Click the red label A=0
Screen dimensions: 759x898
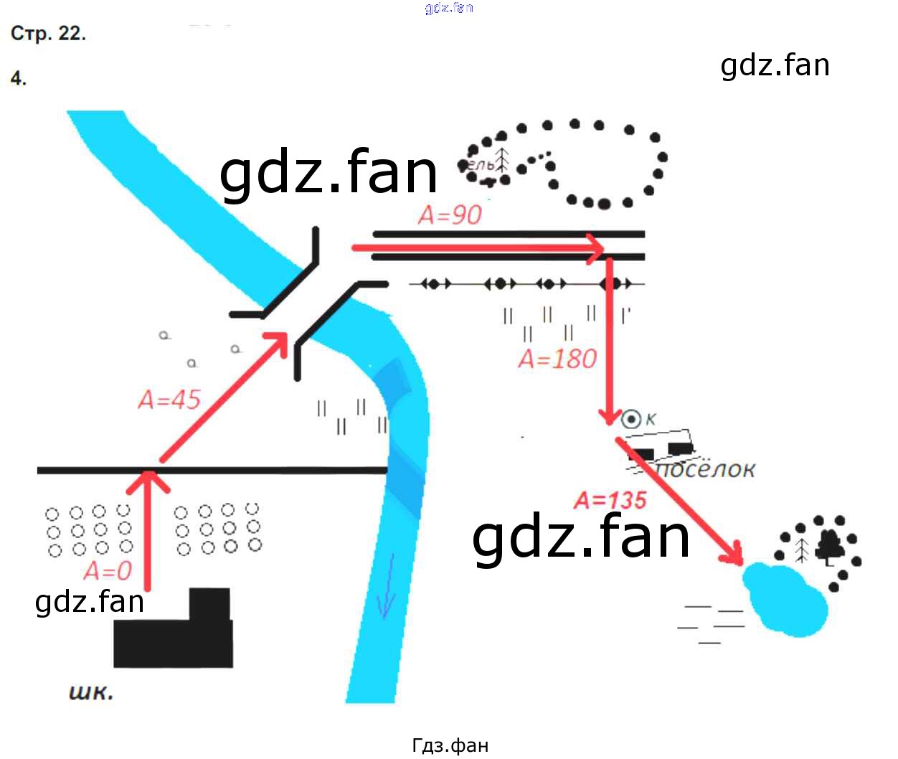point(108,571)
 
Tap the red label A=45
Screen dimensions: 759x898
point(169,400)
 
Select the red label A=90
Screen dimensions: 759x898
point(450,214)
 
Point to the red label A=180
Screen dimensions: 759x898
point(557,359)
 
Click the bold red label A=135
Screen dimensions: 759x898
point(610,500)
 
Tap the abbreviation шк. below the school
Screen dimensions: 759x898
point(91,692)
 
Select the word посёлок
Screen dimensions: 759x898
point(706,469)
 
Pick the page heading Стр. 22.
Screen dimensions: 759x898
point(48,33)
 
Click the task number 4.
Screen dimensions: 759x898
point(19,78)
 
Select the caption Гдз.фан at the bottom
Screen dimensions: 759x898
point(450,745)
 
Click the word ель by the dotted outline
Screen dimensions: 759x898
point(481,165)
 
